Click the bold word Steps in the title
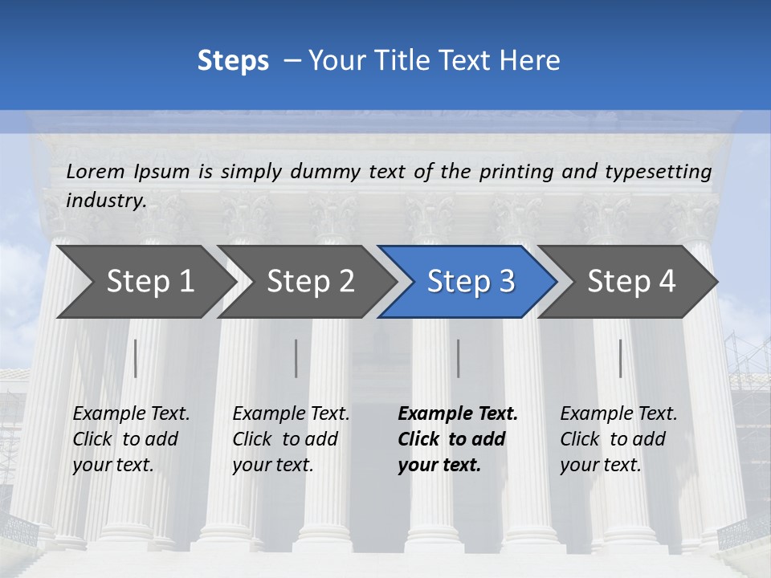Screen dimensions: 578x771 tap(233, 60)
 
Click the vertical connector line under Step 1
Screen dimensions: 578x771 tap(135, 358)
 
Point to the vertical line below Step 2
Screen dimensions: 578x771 tap(296, 358)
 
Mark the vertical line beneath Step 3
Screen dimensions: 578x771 tap(459, 358)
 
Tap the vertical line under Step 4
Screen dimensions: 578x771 tap(620, 358)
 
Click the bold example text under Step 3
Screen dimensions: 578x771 tap(458, 439)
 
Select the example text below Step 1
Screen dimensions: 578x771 tap(131, 439)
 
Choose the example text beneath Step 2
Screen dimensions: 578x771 tap(291, 439)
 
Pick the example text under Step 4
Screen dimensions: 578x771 tap(618, 439)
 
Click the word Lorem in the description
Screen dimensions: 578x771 tap(96, 171)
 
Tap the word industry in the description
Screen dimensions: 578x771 tap(106, 200)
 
